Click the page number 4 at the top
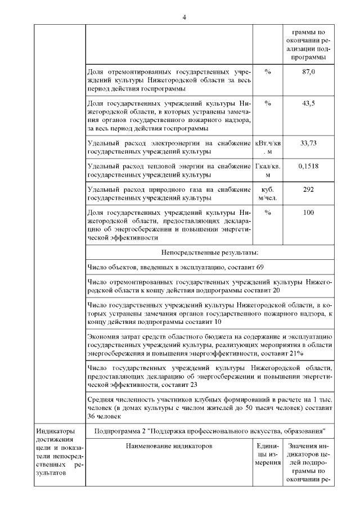pyautogui.click(x=184, y=17)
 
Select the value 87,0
pyautogui.click(x=308, y=73)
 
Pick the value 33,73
pyautogui.click(x=308, y=143)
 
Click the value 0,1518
pyautogui.click(x=308, y=166)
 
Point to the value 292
pyautogui.click(x=308, y=190)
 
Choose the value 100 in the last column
pyautogui.click(x=308, y=213)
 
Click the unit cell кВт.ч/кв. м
pyautogui.click(x=268, y=147)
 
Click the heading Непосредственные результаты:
pyautogui.click(x=210, y=253)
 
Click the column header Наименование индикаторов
pyautogui.click(x=169, y=446)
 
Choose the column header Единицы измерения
pyautogui.click(x=268, y=454)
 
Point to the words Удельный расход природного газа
pyautogui.click(x=135, y=190)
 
